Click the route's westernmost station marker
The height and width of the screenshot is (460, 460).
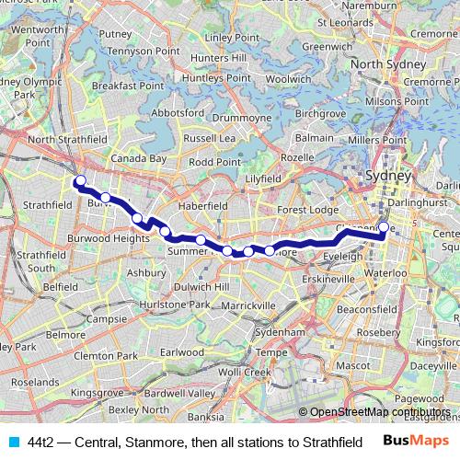80,180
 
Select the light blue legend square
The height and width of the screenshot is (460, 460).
13,443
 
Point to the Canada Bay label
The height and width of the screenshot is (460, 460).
139,158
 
